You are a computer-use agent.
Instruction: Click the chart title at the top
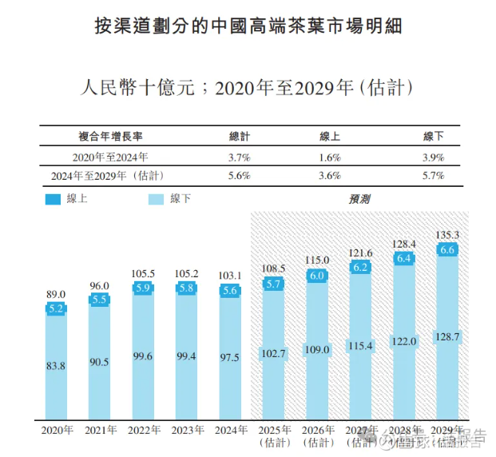(248, 27)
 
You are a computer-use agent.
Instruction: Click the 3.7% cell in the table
(240, 157)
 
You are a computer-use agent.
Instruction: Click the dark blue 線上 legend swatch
(54, 199)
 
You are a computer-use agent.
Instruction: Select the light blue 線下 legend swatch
(157, 199)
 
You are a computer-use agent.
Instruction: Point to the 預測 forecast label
(359, 198)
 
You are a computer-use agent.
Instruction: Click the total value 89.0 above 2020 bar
(56, 295)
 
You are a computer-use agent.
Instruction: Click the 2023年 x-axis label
(186, 431)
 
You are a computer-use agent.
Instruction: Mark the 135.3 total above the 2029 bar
(447, 236)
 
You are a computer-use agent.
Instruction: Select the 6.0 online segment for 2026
(317, 275)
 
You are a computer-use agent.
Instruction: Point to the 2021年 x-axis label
(100, 431)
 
